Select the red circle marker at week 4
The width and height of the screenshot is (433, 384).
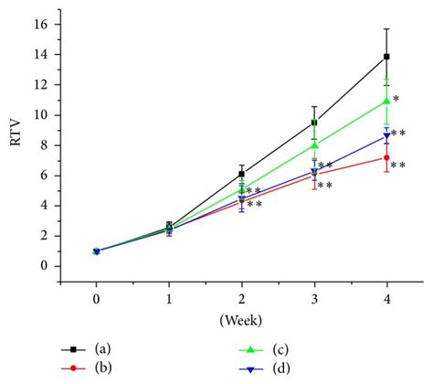click(387, 157)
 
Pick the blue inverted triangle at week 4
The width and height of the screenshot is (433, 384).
click(387, 136)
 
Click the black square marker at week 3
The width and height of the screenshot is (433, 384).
click(314, 122)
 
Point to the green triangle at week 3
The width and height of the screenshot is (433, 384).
click(314, 144)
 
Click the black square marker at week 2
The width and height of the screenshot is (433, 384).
click(241, 174)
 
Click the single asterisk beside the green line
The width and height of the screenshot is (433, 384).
click(396, 99)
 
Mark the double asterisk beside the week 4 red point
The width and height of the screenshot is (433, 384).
click(399, 166)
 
